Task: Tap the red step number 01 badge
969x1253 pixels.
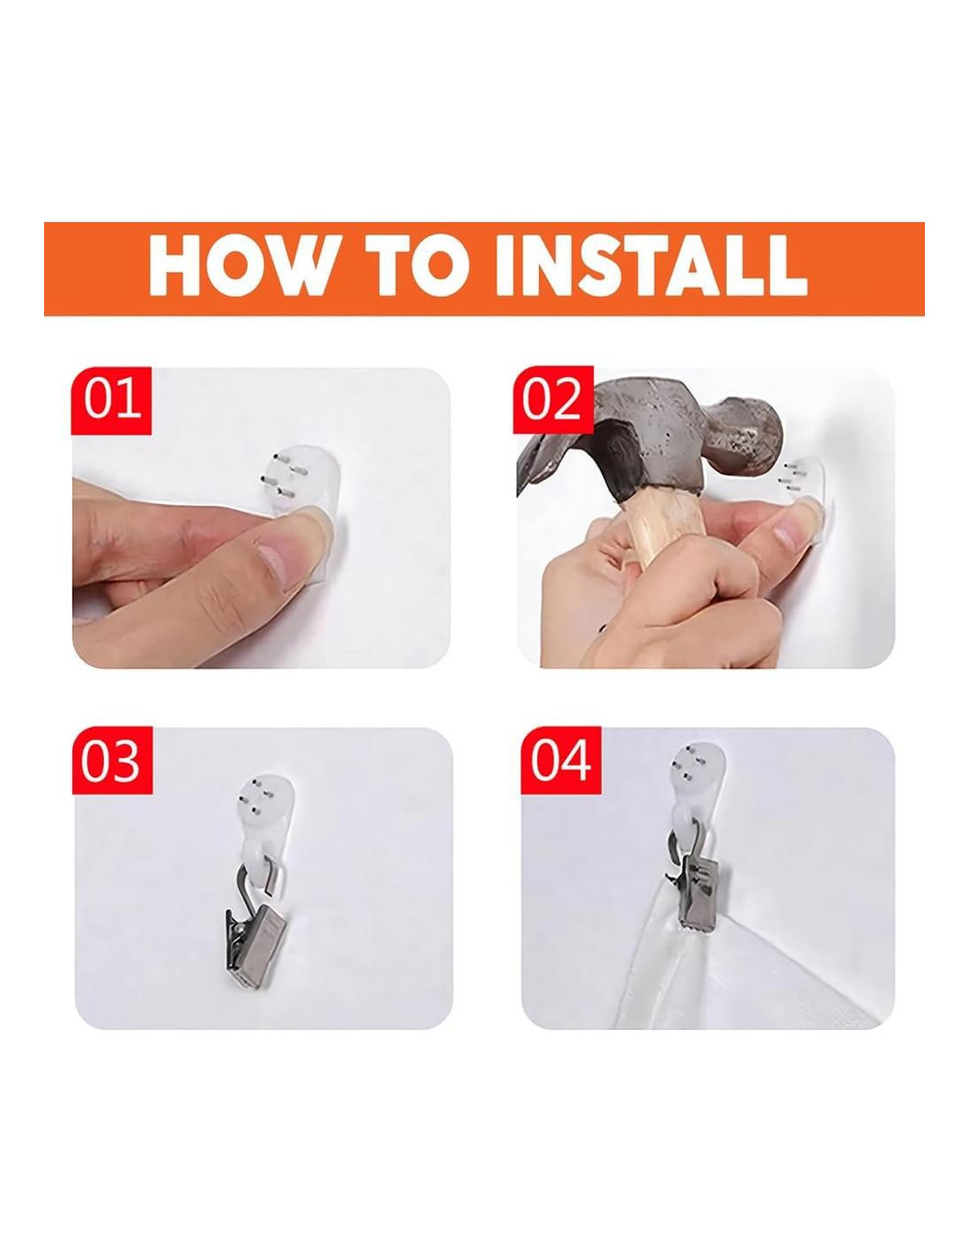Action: pyautogui.click(x=111, y=400)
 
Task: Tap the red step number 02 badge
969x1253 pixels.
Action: pyautogui.click(x=553, y=399)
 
